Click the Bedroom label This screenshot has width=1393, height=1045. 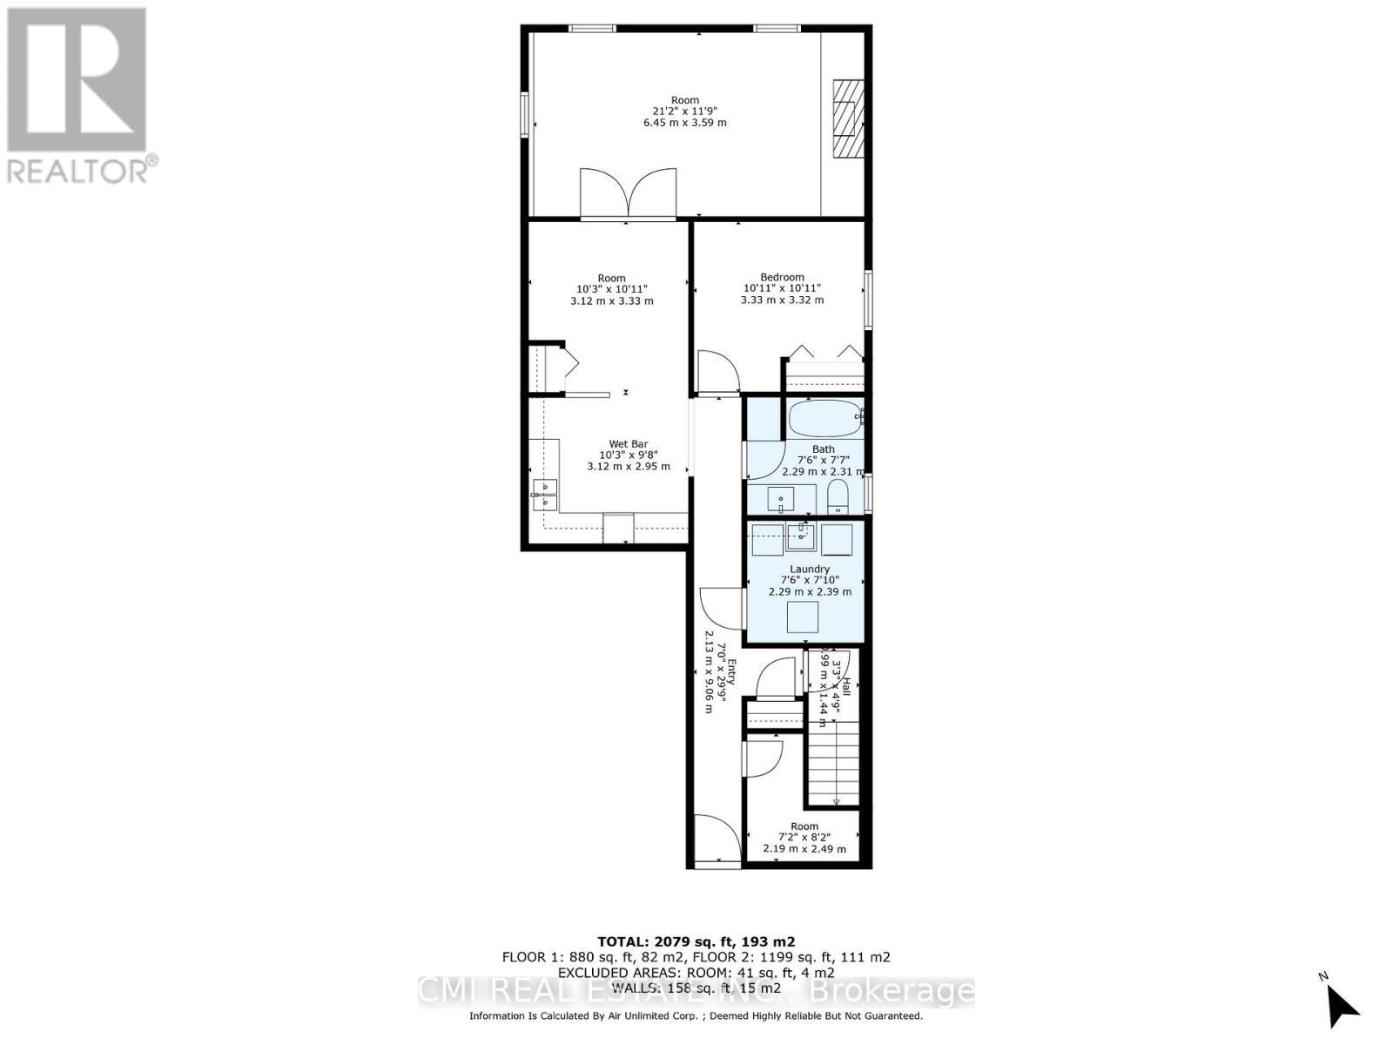point(782,277)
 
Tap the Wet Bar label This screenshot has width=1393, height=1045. point(628,444)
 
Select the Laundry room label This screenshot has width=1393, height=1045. point(810,569)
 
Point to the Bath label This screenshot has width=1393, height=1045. point(823,449)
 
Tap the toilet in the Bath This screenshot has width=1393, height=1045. point(838,499)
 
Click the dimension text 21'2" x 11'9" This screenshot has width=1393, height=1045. point(684,111)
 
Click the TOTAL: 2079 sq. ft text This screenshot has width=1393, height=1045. point(696,941)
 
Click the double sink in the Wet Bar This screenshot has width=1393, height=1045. point(545,493)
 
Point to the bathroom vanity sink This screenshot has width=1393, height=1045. point(780,500)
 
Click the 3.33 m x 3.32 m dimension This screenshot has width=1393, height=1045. point(782,300)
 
